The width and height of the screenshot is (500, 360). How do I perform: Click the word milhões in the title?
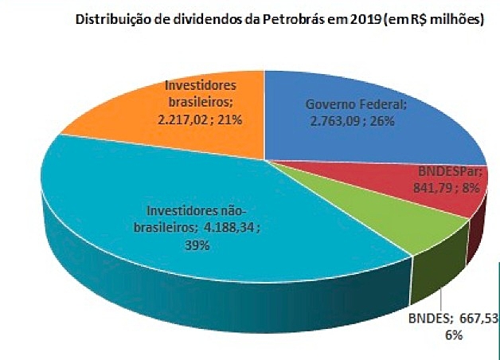point(455,22)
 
